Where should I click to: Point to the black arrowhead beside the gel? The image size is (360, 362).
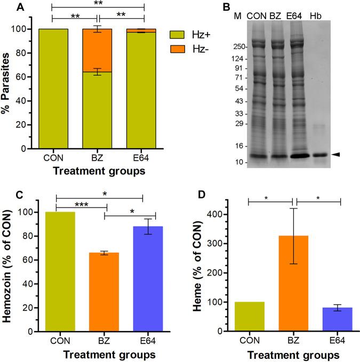(x=335, y=154)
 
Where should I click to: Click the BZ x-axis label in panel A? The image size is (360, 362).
(x=97, y=158)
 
